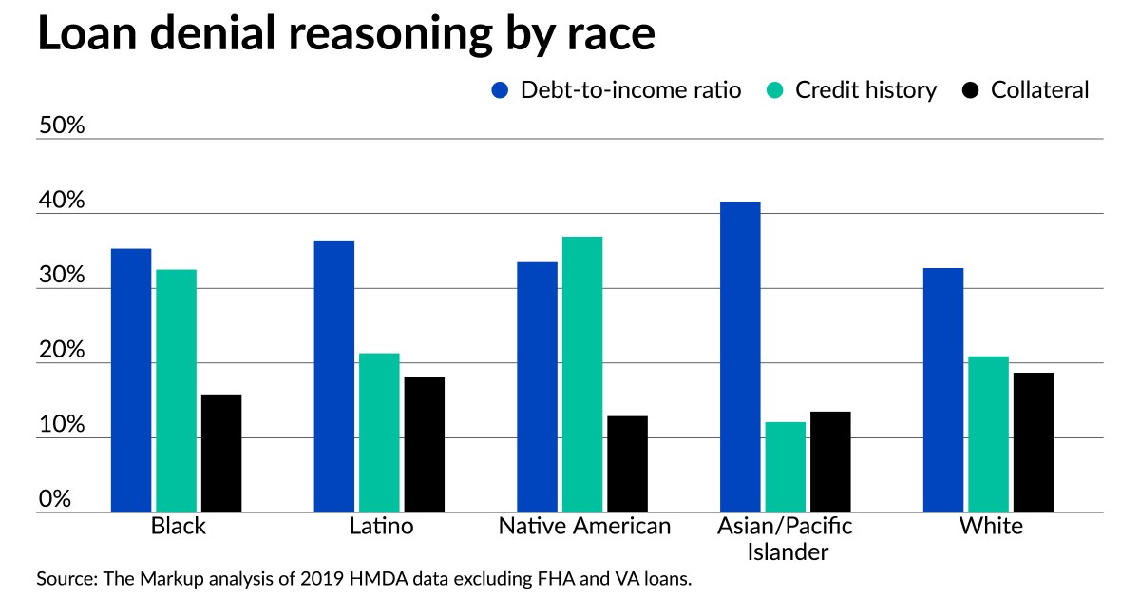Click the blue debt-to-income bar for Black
click(x=131, y=380)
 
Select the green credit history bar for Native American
click(x=581, y=375)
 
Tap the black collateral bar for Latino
click(x=424, y=445)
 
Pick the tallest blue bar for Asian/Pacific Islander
click(x=740, y=357)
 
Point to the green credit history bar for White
click(x=988, y=435)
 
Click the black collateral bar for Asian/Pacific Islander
click(x=830, y=462)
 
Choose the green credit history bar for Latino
click(x=379, y=433)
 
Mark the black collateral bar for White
click(x=1033, y=442)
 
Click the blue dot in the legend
click(x=501, y=90)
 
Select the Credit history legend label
click(x=865, y=90)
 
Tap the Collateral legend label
click(x=1039, y=90)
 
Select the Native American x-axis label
click(x=584, y=526)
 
